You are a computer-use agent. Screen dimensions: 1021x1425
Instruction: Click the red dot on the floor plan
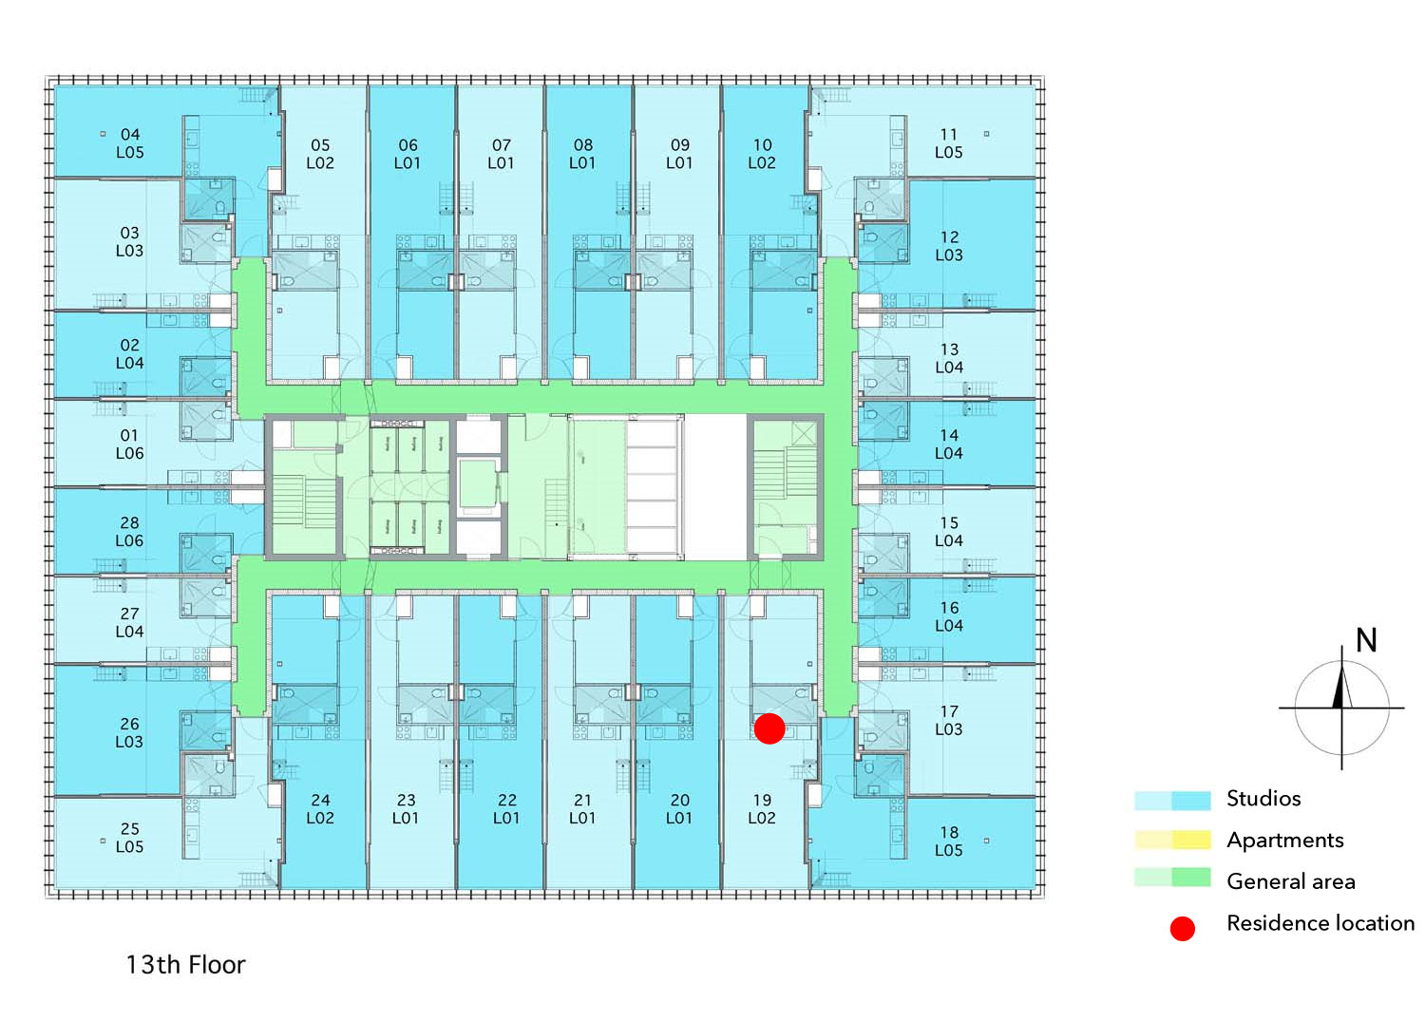tap(769, 728)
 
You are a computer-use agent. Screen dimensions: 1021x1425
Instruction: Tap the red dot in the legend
tap(1182, 928)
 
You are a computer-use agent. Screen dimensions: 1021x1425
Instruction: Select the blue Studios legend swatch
tap(1172, 800)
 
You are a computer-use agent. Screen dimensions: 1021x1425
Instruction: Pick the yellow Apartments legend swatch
tap(1172, 840)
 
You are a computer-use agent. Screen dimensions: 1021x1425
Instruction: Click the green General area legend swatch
tap(1172, 878)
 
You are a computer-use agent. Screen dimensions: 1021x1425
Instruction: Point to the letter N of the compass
tap(1366, 640)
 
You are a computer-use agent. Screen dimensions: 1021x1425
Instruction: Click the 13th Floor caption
tap(186, 965)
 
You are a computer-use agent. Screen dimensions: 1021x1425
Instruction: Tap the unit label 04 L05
tap(130, 143)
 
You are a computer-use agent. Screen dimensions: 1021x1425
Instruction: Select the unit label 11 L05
tap(948, 143)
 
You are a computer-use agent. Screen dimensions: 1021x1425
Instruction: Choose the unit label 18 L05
tap(948, 841)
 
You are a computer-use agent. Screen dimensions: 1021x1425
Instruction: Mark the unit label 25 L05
tap(130, 838)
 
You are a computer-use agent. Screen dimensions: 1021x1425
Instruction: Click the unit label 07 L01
tap(501, 154)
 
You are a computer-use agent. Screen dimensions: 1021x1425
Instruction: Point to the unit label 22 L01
tap(506, 809)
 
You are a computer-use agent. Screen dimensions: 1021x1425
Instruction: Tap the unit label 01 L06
tap(129, 444)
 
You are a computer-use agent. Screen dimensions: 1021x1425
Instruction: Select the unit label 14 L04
tap(948, 444)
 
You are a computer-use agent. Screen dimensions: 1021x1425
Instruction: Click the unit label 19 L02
tap(762, 809)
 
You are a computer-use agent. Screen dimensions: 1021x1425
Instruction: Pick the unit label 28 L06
tap(129, 532)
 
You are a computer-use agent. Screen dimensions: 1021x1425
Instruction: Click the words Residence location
tap(1320, 923)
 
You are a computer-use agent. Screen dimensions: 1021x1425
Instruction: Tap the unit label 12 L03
tap(948, 246)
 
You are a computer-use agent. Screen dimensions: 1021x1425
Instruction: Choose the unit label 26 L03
tap(129, 732)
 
